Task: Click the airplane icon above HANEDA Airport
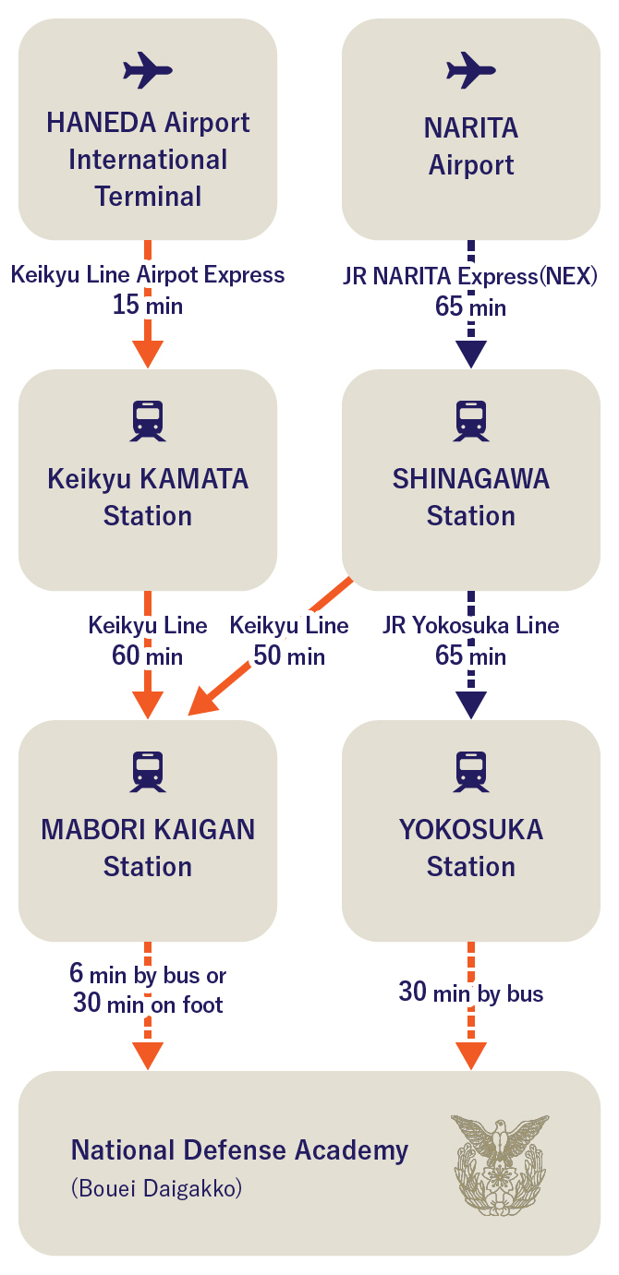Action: (148, 70)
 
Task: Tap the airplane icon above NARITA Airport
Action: (471, 70)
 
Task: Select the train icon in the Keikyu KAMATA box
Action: (148, 421)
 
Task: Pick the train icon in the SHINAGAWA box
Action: (471, 421)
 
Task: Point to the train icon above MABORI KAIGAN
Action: (148, 772)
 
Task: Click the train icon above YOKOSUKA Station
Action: (471, 772)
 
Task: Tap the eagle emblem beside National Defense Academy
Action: (500, 1164)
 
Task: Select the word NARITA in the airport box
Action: (471, 128)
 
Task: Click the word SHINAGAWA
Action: (471, 478)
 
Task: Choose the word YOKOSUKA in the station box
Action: (471, 830)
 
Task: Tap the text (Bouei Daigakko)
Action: (157, 1188)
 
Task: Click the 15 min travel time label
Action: (148, 305)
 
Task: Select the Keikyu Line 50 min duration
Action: (289, 656)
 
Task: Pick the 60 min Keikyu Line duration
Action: (148, 656)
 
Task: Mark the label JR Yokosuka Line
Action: (471, 625)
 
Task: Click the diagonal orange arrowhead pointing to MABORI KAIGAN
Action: (204, 701)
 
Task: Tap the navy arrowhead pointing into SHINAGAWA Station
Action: (471, 354)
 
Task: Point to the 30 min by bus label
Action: (471, 992)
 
